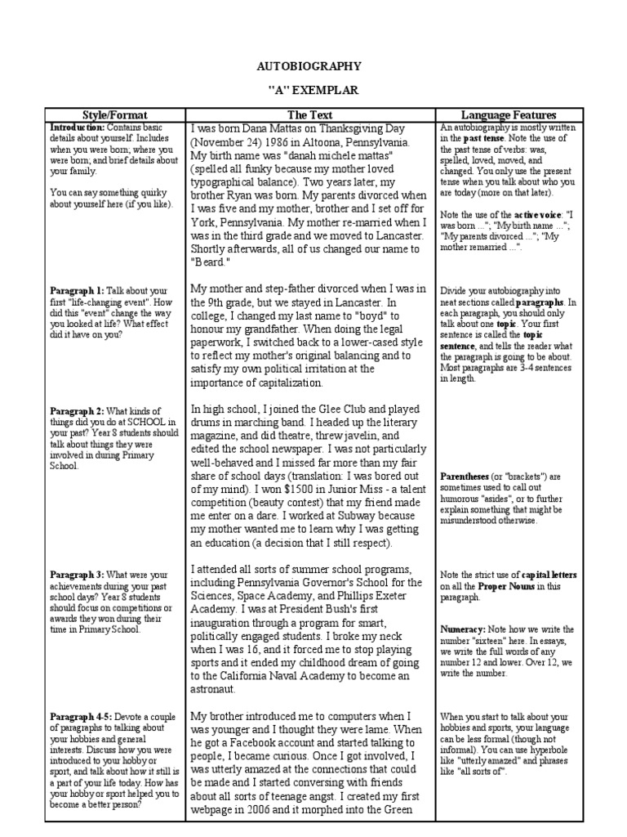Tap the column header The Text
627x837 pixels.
click(310, 115)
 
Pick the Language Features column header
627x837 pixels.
click(509, 115)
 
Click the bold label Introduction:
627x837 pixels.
click(77, 129)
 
